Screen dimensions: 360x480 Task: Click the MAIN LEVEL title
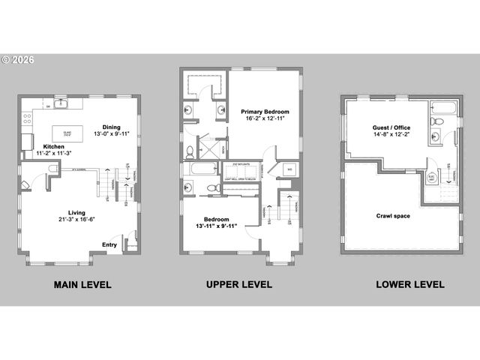pyautogui.click(x=82, y=285)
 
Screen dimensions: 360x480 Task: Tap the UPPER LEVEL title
pyautogui.click(x=239, y=285)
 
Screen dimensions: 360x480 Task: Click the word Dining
pyautogui.click(x=112, y=127)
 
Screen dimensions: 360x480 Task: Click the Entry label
pyautogui.click(x=109, y=244)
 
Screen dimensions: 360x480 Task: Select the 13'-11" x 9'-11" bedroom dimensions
pyautogui.click(x=216, y=226)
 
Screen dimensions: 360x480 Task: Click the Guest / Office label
pyautogui.click(x=391, y=128)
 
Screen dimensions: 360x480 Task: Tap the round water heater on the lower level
pyautogui.click(x=432, y=179)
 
